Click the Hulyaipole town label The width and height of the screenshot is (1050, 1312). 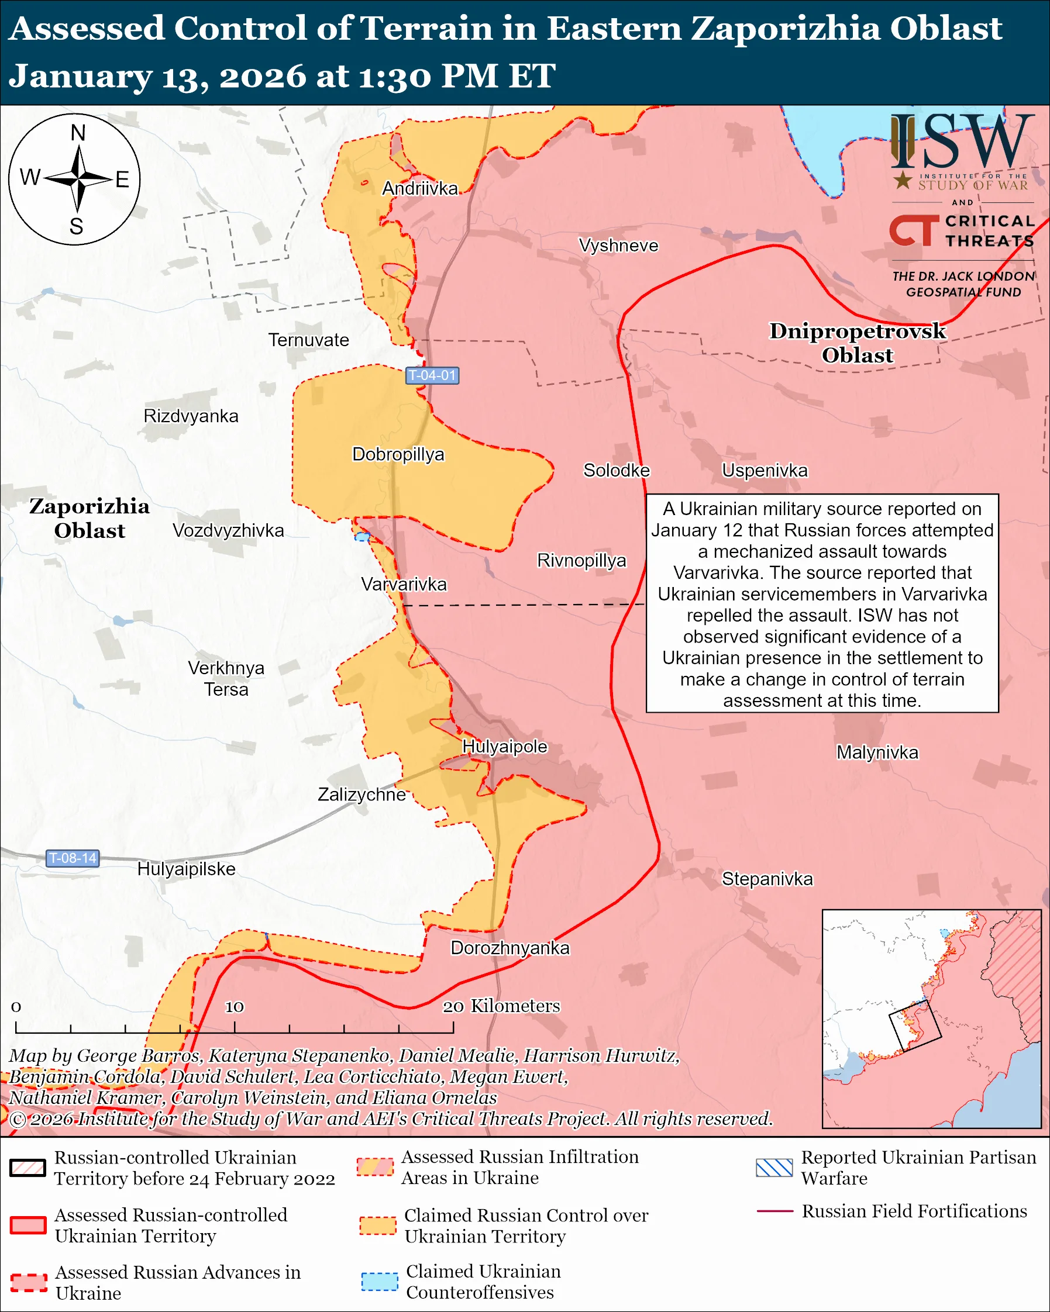click(505, 747)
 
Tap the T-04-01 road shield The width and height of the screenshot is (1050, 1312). click(432, 375)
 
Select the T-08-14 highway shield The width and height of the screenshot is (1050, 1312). click(73, 858)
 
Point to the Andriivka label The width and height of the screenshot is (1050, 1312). click(419, 189)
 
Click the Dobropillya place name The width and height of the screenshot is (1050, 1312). click(398, 454)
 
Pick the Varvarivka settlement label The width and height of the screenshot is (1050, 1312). click(404, 584)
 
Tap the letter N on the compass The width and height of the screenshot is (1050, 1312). click(78, 133)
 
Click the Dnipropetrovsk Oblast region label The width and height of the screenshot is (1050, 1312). click(857, 343)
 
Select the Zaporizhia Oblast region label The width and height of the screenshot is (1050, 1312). click(89, 519)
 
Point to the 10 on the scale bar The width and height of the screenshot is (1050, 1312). click(235, 1007)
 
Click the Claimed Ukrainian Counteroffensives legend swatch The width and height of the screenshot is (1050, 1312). click(379, 1281)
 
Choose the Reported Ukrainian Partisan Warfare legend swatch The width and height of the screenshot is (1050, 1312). click(774, 1168)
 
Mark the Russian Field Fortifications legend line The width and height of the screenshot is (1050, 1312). click(774, 1211)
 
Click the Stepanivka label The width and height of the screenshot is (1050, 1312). click(767, 879)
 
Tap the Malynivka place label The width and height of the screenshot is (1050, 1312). click(876, 752)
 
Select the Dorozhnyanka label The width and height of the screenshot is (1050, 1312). click(509, 948)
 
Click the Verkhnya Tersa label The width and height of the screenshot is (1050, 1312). click(226, 679)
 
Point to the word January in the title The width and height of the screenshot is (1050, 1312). click(80, 77)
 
